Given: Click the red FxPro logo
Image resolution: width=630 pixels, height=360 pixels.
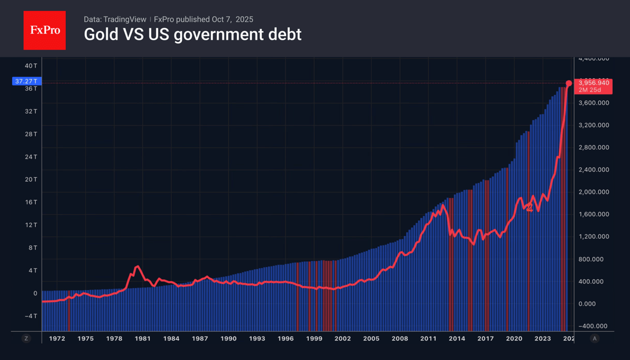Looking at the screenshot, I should point(44,31).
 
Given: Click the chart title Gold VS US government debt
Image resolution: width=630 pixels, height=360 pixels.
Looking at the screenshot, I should point(192,35).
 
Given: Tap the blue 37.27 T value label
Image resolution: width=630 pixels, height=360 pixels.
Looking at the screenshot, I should point(27,81).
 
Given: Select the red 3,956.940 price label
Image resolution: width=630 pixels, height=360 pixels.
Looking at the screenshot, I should point(593,83).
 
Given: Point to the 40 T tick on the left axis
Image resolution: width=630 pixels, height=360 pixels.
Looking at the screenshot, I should point(31,66).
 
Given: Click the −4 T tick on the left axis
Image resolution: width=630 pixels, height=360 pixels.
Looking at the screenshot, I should point(31,316).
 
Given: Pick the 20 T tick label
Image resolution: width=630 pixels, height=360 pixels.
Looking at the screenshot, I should point(31,179).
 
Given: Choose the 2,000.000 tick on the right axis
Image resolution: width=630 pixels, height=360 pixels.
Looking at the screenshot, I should point(593,192).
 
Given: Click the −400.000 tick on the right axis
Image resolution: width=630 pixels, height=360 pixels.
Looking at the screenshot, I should point(593,326).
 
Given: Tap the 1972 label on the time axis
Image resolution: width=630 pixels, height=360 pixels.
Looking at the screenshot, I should point(57,339).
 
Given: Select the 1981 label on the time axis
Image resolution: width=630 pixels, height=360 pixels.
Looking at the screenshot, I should point(143,339).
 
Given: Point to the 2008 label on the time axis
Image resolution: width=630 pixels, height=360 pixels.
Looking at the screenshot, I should point(400,339).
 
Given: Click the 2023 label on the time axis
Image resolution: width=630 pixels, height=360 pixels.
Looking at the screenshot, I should point(543,339).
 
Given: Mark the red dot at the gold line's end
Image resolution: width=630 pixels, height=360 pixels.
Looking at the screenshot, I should point(569,84).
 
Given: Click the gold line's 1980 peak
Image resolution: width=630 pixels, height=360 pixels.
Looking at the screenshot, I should point(138,266).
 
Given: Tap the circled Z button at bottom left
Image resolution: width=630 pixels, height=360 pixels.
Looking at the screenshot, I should point(26,339).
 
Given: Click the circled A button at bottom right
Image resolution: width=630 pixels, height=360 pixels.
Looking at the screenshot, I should point(594,339).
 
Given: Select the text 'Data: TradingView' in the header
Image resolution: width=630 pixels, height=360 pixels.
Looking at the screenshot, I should point(115,20).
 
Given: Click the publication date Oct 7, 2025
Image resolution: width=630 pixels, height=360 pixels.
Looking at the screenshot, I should point(232,20).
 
